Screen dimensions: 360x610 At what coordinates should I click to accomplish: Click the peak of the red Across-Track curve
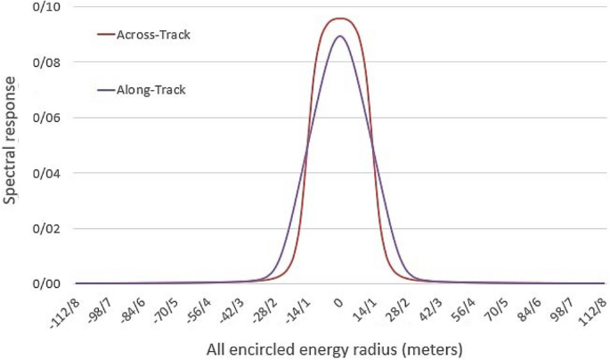coord(339,18)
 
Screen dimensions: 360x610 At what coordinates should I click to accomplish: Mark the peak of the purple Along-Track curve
coord(339,36)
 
